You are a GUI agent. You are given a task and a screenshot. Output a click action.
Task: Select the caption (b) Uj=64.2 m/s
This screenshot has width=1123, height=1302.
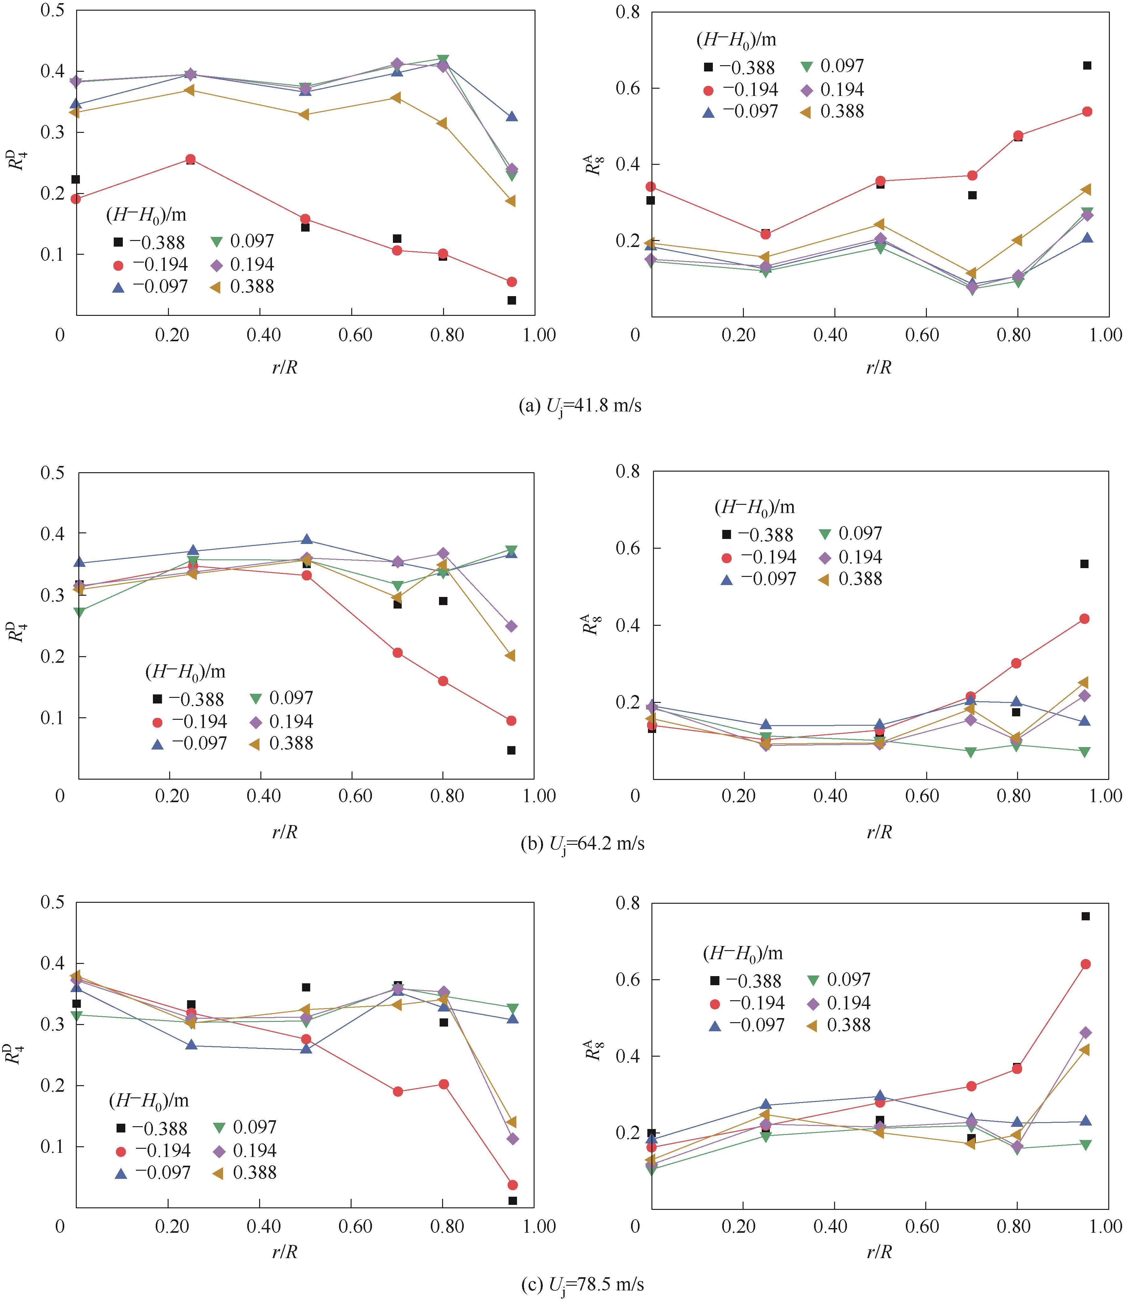pos(582,843)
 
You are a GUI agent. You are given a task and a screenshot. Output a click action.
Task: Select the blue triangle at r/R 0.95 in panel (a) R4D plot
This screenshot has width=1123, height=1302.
pos(512,117)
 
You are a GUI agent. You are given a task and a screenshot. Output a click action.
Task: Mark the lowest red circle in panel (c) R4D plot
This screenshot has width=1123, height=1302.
pos(512,1185)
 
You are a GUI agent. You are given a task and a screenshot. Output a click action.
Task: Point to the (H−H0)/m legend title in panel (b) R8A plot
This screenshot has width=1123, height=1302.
pos(754,507)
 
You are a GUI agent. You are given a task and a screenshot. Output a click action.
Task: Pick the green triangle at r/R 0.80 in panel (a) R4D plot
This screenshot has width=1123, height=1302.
pos(443,60)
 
